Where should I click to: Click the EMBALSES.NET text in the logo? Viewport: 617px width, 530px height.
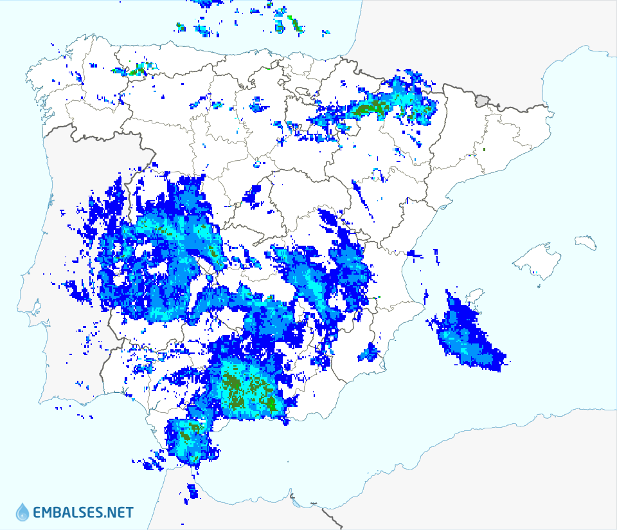coord(84,513)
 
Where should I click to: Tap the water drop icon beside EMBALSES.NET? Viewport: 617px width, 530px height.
coord(22,512)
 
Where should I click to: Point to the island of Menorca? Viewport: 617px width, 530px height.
coord(586,242)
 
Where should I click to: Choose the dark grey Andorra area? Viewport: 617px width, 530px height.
coord(483,100)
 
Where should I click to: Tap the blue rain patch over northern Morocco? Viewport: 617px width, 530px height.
coord(192,491)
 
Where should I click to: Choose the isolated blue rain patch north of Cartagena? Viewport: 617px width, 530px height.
coord(370,352)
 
